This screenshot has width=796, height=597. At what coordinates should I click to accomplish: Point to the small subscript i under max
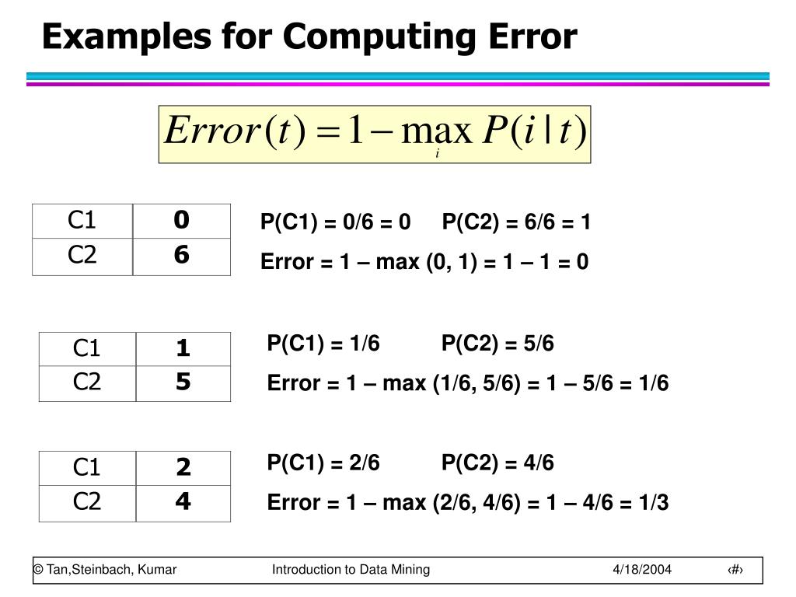(x=438, y=154)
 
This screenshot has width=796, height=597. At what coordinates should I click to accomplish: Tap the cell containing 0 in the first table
(x=182, y=221)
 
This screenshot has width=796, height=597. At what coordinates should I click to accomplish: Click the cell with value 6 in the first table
(x=182, y=256)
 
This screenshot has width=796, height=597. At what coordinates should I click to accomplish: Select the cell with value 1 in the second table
(x=183, y=348)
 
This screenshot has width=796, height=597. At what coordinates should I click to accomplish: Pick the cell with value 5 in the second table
(x=183, y=382)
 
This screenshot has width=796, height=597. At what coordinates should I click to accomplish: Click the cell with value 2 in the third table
(x=183, y=467)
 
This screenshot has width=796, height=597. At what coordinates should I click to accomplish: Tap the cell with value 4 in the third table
(x=183, y=502)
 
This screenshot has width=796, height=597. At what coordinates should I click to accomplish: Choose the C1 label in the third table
(x=87, y=467)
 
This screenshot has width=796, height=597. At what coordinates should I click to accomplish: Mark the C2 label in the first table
(x=82, y=256)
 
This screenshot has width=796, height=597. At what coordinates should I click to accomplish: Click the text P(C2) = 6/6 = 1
(x=516, y=224)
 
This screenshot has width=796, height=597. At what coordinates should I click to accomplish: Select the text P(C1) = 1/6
(x=323, y=344)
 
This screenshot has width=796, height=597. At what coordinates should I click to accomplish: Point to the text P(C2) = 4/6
(x=497, y=463)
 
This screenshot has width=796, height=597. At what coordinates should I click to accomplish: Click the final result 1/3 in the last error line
(x=653, y=503)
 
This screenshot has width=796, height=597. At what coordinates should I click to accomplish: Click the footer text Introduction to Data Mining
(x=351, y=570)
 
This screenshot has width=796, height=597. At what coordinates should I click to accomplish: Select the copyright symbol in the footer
(x=37, y=570)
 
